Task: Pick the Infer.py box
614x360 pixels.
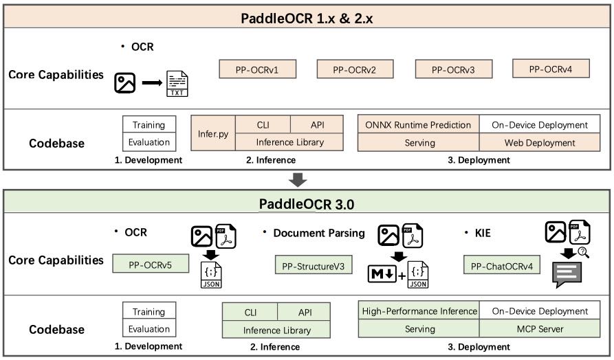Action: (213, 133)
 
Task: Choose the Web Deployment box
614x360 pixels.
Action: (540, 143)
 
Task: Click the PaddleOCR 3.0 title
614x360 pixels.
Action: (306, 204)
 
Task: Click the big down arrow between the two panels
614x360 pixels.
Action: (298, 180)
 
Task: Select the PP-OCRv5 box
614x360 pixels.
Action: (150, 263)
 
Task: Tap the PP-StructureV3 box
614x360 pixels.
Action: (313, 265)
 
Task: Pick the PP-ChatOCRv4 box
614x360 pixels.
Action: (501, 265)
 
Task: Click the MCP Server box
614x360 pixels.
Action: (540, 329)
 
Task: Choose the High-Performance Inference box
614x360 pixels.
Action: (419, 311)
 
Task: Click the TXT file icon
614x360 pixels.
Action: (177, 84)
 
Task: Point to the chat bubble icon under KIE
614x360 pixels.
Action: (568, 273)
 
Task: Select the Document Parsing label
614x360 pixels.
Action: (319, 233)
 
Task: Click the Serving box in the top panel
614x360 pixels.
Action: (419, 143)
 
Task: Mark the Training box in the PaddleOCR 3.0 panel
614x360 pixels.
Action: (149, 312)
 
